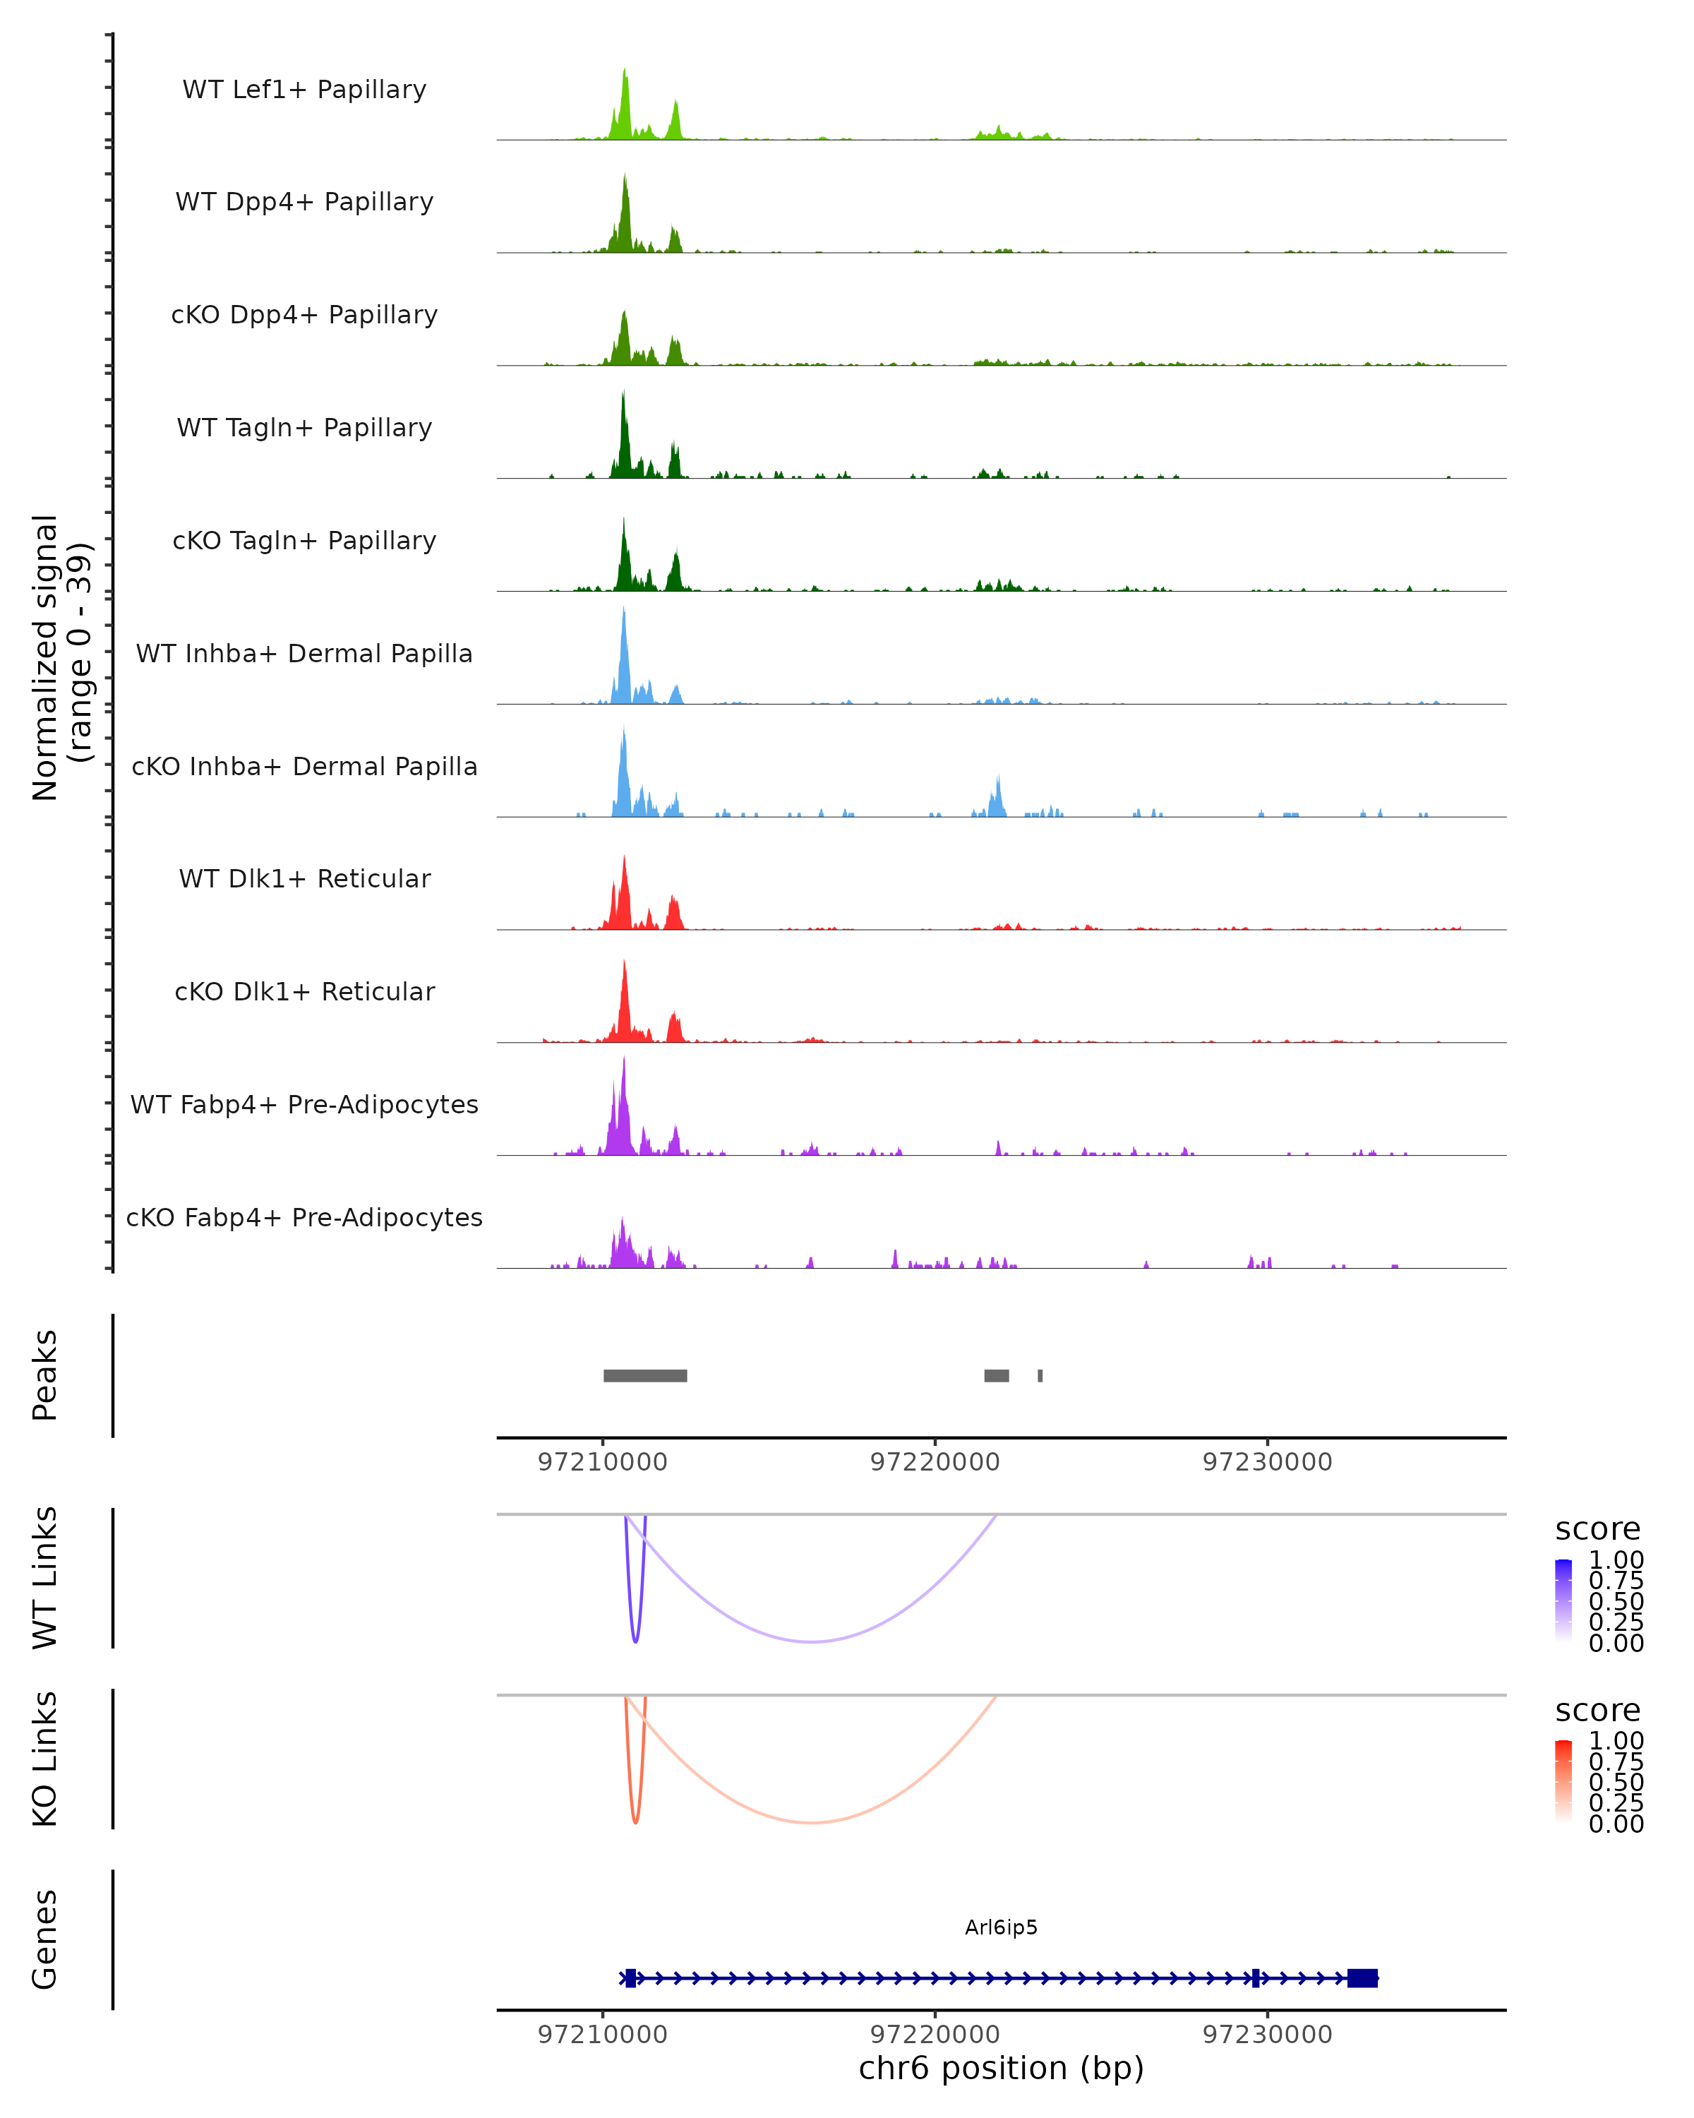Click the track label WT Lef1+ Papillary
click(x=304, y=90)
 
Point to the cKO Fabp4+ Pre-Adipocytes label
click(x=304, y=1217)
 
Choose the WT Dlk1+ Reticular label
click(x=304, y=878)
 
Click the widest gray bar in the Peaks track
click(x=645, y=1375)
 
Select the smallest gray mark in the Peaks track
click(x=1040, y=1375)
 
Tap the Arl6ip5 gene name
click(x=1001, y=1927)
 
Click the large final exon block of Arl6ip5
click(x=1362, y=1978)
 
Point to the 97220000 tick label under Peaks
click(x=935, y=1462)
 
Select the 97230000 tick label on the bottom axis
click(x=1267, y=2033)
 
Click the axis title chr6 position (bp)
click(x=1001, y=2068)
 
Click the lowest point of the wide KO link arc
click(x=811, y=1822)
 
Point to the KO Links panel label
click(x=45, y=1759)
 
